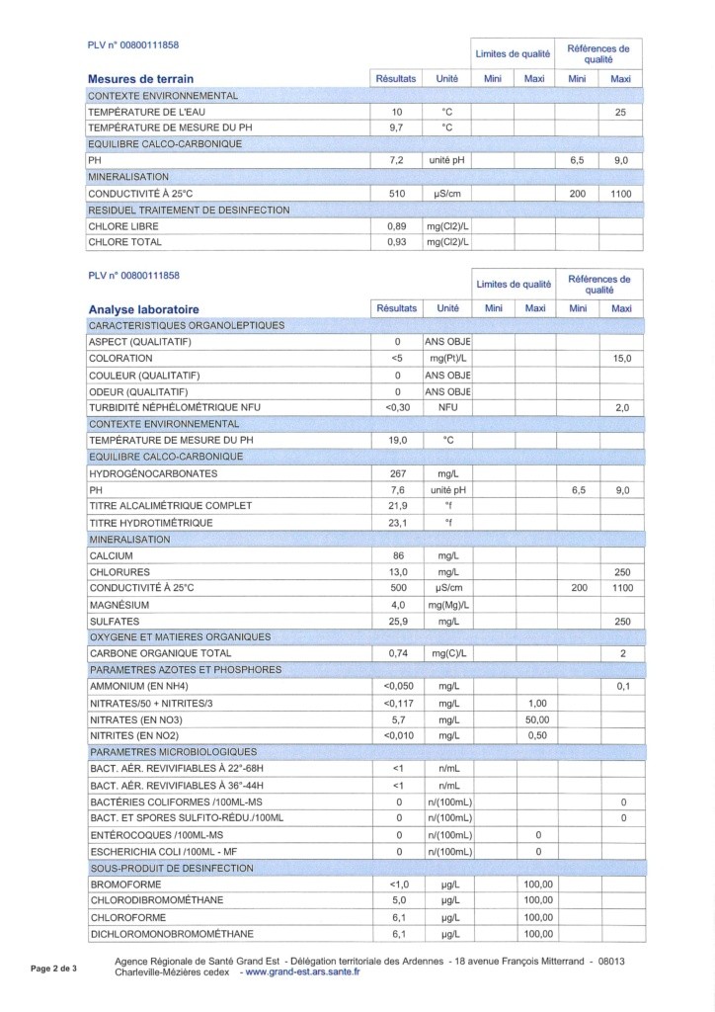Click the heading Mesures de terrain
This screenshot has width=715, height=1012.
tap(141, 79)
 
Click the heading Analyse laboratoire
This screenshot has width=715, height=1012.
tap(144, 309)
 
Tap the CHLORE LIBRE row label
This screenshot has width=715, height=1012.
tap(123, 226)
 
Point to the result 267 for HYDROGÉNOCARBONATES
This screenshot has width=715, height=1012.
tap(399, 473)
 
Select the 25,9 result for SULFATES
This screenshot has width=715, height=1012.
tap(399, 621)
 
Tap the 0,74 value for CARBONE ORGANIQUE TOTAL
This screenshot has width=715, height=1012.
tap(399, 653)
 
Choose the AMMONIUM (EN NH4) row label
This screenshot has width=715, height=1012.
tap(138, 686)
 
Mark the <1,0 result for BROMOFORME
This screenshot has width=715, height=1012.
tap(399, 885)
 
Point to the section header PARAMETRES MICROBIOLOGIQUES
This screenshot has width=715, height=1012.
tap(173, 751)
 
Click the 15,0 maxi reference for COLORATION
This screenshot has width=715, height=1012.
tap(621, 358)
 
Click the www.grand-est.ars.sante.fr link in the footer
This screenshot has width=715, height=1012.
tap(304, 972)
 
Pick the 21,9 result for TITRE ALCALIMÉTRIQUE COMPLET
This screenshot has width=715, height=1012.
tap(399, 506)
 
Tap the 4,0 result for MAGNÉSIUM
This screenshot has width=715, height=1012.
tap(399, 605)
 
